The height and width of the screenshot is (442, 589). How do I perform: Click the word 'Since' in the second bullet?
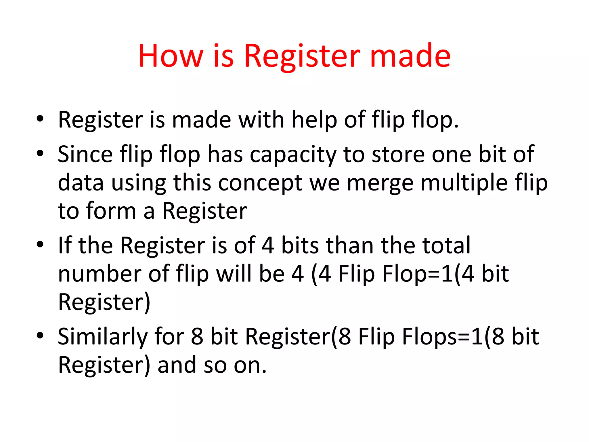(85, 155)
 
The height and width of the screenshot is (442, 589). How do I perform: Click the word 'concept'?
(260, 183)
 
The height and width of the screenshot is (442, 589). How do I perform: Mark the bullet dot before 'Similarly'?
(40, 335)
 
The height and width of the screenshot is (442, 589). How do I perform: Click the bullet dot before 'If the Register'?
(40, 244)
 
